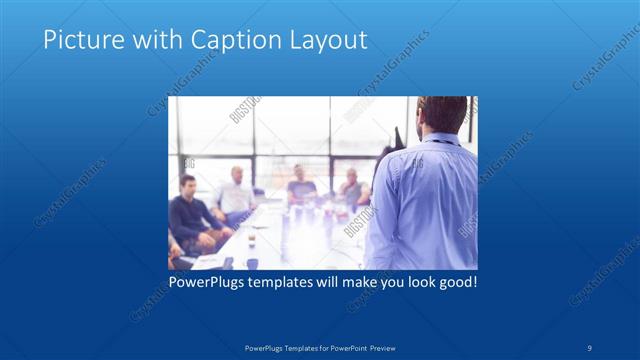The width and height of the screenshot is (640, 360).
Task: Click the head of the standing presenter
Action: click(441, 114)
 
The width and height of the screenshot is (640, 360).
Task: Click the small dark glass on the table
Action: click(251, 240)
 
